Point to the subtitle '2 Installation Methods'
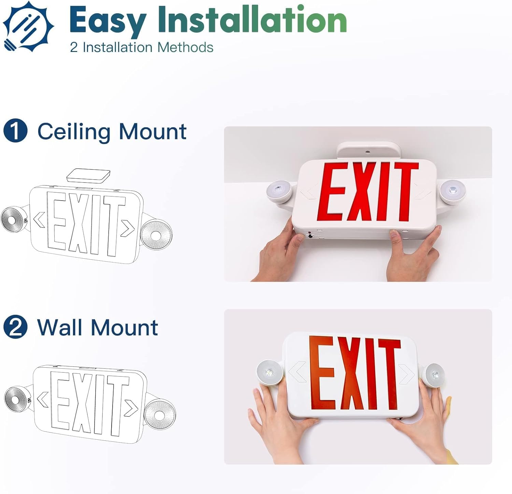click(x=142, y=47)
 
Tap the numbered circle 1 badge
click(x=15, y=132)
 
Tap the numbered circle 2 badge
click(x=15, y=327)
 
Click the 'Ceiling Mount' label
click(x=112, y=132)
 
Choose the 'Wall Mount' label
click(x=98, y=327)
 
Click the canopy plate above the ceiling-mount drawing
click(x=88, y=176)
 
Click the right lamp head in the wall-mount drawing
click(x=159, y=414)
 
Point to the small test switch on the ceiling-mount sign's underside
click(x=310, y=235)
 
